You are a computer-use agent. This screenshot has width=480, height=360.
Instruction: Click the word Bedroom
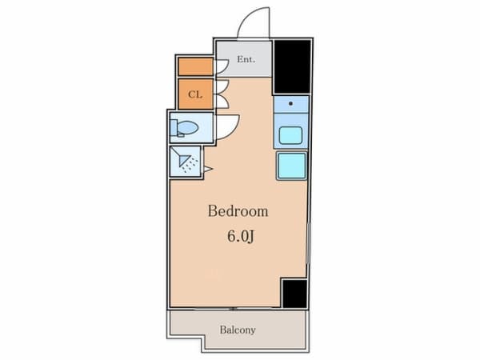(x=238, y=211)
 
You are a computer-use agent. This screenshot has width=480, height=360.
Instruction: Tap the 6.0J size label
(x=241, y=236)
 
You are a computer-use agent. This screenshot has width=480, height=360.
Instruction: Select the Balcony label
(x=238, y=330)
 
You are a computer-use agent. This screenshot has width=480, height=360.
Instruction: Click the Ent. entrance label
(x=246, y=59)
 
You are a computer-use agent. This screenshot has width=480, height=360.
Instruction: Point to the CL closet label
(x=195, y=94)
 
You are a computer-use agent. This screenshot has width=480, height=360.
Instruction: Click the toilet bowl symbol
(x=187, y=127)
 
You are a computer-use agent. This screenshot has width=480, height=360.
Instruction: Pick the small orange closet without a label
(x=196, y=66)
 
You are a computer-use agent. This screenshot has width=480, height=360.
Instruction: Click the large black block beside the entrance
(x=292, y=66)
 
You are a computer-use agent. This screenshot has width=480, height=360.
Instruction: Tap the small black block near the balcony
(x=294, y=294)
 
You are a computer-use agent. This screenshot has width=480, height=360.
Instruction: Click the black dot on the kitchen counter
(x=290, y=103)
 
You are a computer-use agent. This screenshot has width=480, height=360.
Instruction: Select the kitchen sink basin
(x=290, y=135)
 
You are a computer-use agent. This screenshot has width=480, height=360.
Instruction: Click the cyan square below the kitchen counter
(x=291, y=166)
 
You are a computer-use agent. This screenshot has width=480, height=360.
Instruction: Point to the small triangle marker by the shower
(x=208, y=169)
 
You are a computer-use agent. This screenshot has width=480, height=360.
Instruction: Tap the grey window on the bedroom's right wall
(x=309, y=243)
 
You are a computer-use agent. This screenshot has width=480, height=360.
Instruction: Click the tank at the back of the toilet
(x=174, y=128)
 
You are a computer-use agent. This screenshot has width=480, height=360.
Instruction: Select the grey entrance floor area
(x=244, y=58)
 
